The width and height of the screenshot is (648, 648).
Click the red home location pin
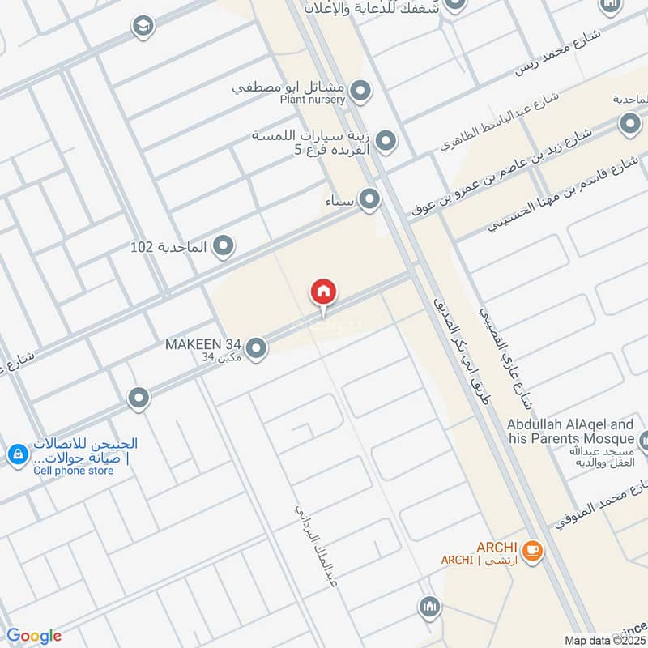pyautogui.click(x=323, y=292)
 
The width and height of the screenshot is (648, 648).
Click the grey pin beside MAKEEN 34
pyautogui.click(x=256, y=348)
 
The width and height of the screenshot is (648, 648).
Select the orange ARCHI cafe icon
pyautogui.click(x=532, y=551)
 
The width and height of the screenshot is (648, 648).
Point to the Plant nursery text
pyautogui.click(x=313, y=100)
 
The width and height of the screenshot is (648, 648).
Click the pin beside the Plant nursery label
pyautogui.click(x=361, y=90)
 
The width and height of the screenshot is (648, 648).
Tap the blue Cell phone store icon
pyautogui.click(x=16, y=456)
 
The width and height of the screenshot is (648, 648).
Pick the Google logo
pyautogui.click(x=34, y=636)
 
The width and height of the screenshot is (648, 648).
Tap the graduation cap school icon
pyautogui.click(x=143, y=26)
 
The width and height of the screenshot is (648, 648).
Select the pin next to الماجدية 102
pyautogui.click(x=224, y=246)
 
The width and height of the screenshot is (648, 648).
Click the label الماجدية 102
pyautogui.click(x=169, y=245)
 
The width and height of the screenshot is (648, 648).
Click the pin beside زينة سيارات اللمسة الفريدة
pyautogui.click(x=386, y=143)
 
